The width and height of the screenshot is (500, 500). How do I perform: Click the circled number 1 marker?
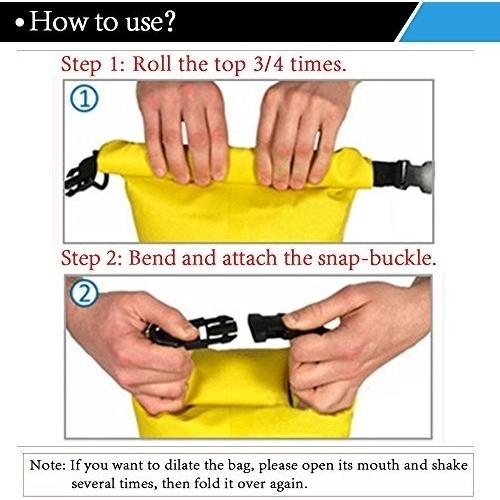click(84, 99)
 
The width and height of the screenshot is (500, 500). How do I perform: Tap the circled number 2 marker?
click(84, 293)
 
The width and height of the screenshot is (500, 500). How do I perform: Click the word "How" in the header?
click(58, 21)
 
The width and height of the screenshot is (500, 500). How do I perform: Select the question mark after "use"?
click(169, 22)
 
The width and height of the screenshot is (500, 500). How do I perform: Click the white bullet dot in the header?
click(20, 23)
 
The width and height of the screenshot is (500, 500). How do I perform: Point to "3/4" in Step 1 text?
click(268, 63)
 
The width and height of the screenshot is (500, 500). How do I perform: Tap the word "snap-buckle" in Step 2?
click(377, 259)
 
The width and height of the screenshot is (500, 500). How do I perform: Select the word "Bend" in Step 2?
click(152, 258)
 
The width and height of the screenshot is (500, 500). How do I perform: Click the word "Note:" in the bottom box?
click(48, 465)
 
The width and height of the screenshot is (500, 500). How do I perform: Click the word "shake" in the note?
click(450, 465)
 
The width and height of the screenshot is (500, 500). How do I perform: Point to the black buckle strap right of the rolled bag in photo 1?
click(402, 175)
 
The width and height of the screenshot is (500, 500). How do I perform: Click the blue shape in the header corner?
click(450, 22)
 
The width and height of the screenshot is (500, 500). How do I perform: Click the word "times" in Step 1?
click(318, 63)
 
